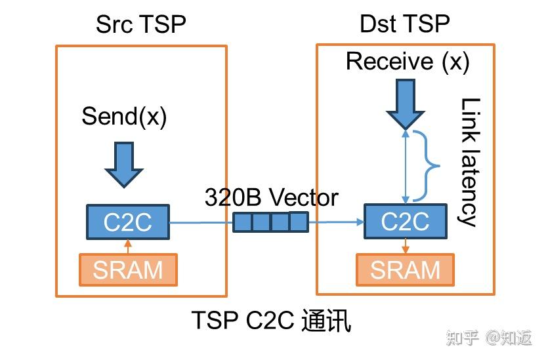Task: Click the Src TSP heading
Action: (x=140, y=24)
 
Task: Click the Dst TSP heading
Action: (x=405, y=24)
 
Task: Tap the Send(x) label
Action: (x=124, y=117)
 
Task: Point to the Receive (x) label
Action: (x=408, y=62)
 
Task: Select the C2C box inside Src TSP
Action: (x=128, y=222)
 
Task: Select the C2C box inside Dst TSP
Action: (x=406, y=221)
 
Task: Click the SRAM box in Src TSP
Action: (x=128, y=270)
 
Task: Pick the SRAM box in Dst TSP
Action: (x=405, y=270)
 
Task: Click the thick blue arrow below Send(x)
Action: (x=124, y=165)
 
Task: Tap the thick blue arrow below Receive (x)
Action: (x=406, y=104)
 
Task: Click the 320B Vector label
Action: (x=271, y=197)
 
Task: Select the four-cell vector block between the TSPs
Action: (x=270, y=222)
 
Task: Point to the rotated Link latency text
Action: (x=469, y=163)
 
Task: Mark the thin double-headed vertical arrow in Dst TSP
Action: (x=406, y=167)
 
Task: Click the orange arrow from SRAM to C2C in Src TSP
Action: (x=128, y=247)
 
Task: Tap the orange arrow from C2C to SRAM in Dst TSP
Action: (x=405, y=247)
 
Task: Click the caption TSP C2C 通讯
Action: (x=271, y=320)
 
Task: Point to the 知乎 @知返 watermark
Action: (x=490, y=338)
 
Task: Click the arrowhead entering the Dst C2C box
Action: (x=360, y=222)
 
